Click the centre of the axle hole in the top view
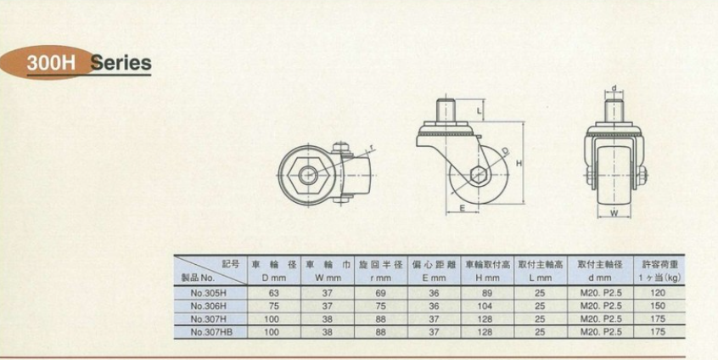[x=308, y=175]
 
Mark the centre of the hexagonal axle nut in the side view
[x=479, y=175]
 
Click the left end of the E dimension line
[x=447, y=212]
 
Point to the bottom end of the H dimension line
[x=522, y=204]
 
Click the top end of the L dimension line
[x=484, y=99]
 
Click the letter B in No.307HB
[x=229, y=332]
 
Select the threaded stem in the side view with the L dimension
[x=446, y=110]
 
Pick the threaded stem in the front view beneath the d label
[x=614, y=111]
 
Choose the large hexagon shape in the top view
[x=309, y=175]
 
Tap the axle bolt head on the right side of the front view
[x=641, y=176]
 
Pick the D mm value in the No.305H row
[x=274, y=293]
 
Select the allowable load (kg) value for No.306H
[x=658, y=306]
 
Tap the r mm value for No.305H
[x=380, y=293]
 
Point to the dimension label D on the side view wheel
[x=505, y=150]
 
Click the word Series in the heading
[x=121, y=63]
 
